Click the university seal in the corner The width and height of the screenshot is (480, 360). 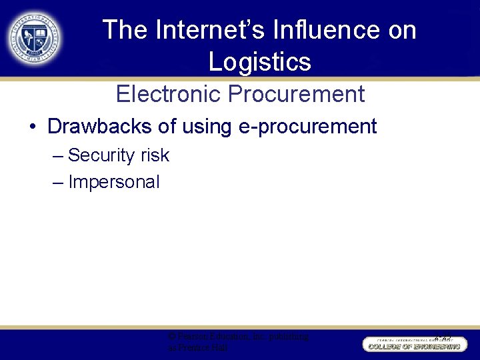point(35,37)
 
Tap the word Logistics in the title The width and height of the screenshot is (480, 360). point(259,62)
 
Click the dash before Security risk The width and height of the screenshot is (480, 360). point(58,156)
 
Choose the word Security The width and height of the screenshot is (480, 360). point(102,156)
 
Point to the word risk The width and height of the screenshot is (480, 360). point(155,156)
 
